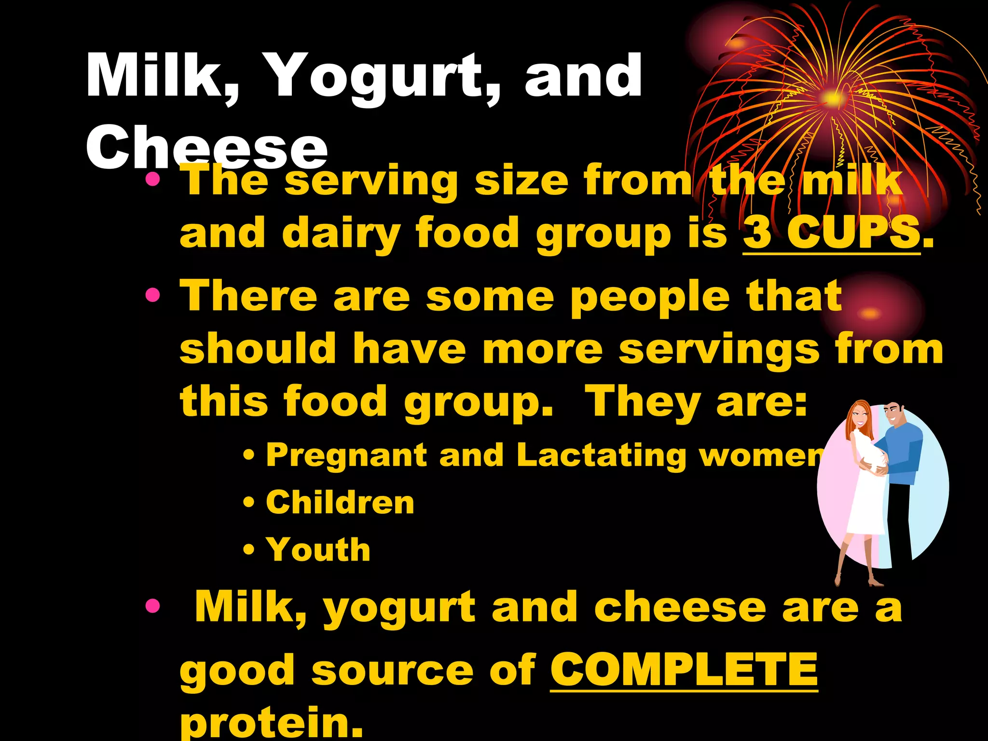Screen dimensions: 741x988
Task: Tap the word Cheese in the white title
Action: pyautogui.click(x=206, y=146)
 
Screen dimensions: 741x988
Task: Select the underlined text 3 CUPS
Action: pyautogui.click(x=831, y=233)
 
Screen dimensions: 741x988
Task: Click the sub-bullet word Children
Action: pyautogui.click(x=340, y=503)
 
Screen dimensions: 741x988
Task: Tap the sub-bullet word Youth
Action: pyautogui.click(x=318, y=549)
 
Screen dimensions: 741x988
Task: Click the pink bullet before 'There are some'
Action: pyautogui.click(x=152, y=294)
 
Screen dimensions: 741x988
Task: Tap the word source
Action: pyautogui.click(x=392, y=671)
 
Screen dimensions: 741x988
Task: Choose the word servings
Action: pyautogui.click(x=719, y=349)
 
